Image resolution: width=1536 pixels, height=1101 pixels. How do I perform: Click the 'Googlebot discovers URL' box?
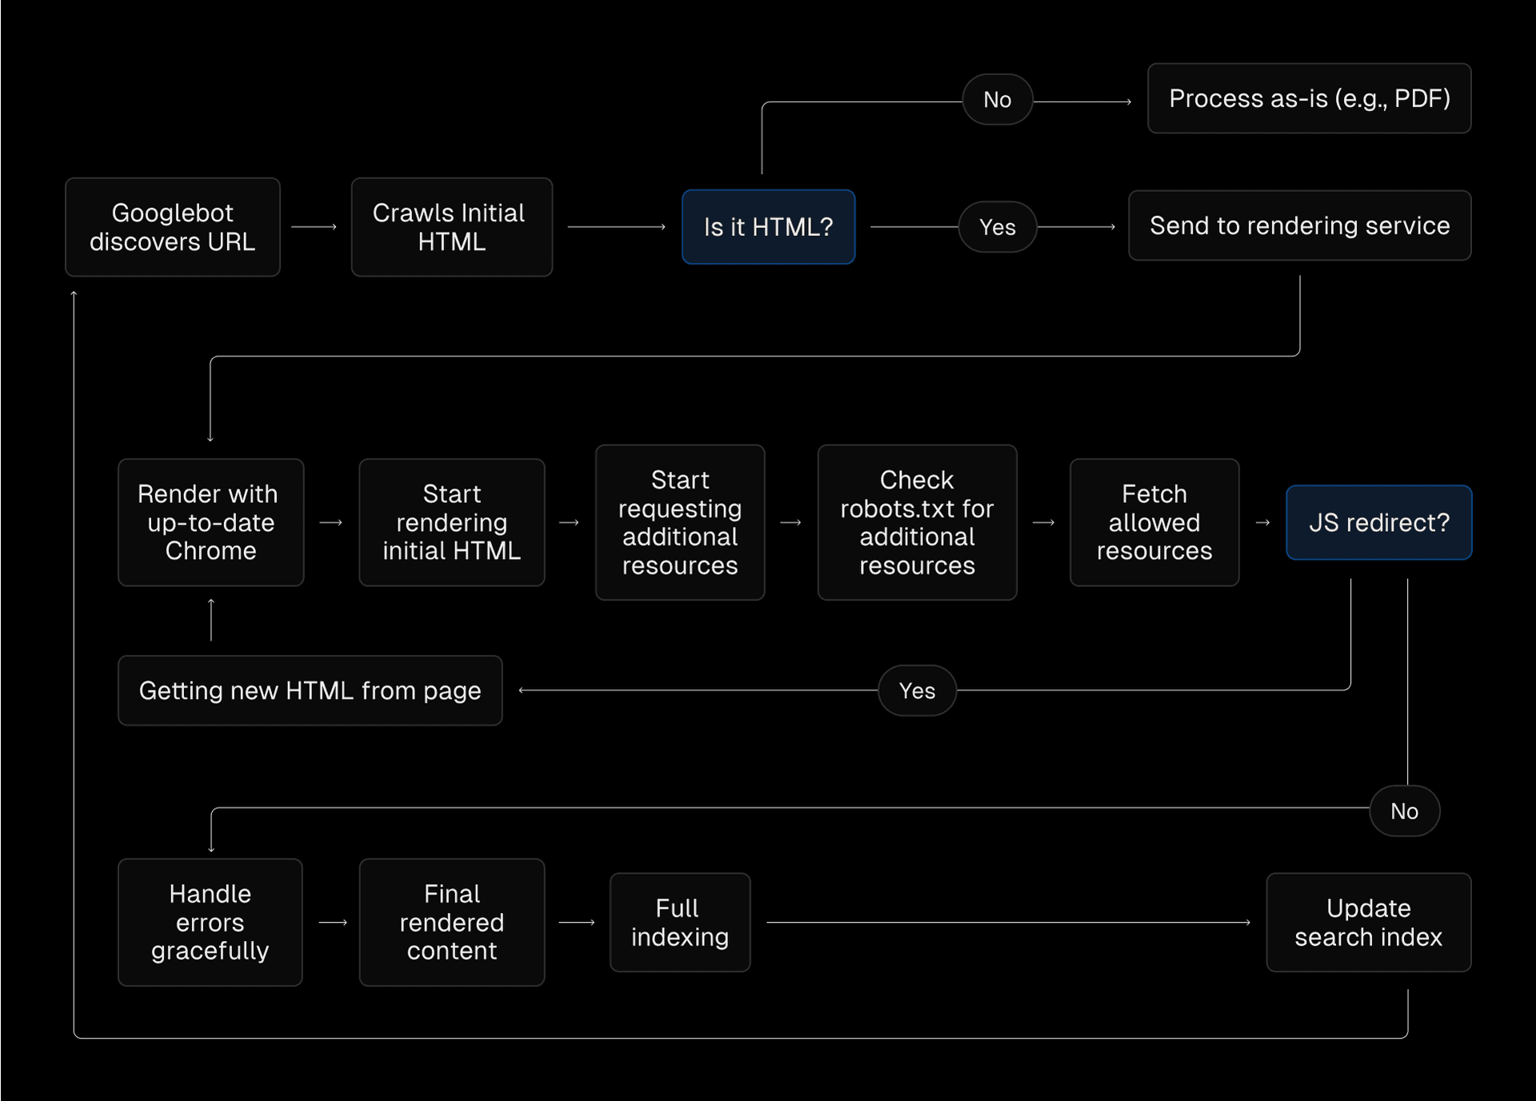pyautogui.click(x=173, y=227)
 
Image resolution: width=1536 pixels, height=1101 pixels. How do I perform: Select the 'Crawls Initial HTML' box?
pyautogui.click(x=451, y=227)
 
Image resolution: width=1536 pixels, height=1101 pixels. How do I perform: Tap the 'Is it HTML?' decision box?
pyautogui.click(x=768, y=227)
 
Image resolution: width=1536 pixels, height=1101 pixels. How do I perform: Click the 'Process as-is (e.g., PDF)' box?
pyautogui.click(x=1309, y=98)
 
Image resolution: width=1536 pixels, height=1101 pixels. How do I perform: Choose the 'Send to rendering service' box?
pyautogui.click(x=1299, y=225)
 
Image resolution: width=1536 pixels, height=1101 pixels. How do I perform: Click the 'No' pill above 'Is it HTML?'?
pyautogui.click(x=997, y=100)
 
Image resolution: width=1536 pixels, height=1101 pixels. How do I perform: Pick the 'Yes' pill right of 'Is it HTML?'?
pyautogui.click(x=997, y=227)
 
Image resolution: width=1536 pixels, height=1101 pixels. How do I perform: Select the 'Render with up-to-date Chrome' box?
pyautogui.click(x=210, y=522)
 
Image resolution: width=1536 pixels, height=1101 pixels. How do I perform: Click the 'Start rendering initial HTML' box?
pyautogui.click(x=451, y=522)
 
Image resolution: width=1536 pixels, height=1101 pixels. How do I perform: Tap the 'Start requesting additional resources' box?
pyautogui.click(x=680, y=522)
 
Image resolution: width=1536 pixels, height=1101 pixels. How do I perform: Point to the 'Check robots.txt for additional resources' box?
pyautogui.click(x=917, y=522)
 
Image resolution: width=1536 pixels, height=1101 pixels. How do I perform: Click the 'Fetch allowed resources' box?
pyautogui.click(x=1154, y=522)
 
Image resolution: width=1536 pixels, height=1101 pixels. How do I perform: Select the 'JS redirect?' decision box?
pyautogui.click(x=1378, y=522)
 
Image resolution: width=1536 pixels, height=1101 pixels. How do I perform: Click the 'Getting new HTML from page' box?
pyautogui.click(x=310, y=690)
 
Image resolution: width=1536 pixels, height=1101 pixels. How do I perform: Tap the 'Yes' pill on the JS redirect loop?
pyautogui.click(x=917, y=690)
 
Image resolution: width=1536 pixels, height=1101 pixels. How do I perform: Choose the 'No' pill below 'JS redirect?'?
pyautogui.click(x=1404, y=811)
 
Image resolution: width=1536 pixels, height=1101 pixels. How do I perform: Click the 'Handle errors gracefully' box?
pyautogui.click(x=210, y=922)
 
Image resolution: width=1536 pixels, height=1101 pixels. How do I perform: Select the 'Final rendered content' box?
pyautogui.click(x=451, y=922)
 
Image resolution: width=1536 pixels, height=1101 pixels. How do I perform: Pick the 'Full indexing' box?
pyautogui.click(x=680, y=922)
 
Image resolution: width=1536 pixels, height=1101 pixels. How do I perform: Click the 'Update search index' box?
pyautogui.click(x=1368, y=922)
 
